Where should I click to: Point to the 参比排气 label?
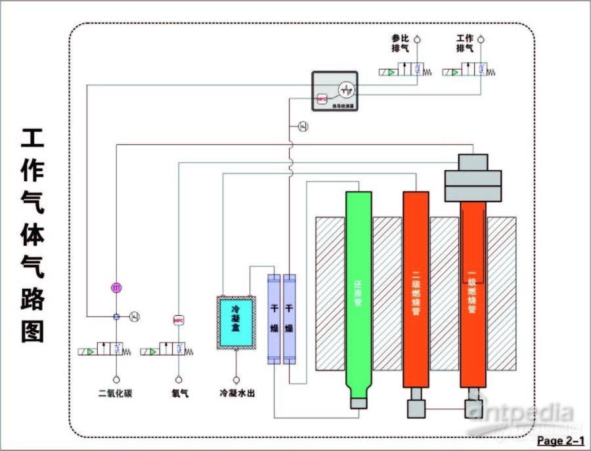400,43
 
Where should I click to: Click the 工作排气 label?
465,43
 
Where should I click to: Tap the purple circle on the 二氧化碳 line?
116,287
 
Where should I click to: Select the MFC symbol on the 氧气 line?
178,320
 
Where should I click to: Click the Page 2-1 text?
560,440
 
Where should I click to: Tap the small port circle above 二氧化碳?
116,379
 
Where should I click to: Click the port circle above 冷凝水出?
236,379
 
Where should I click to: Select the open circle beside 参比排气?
416,39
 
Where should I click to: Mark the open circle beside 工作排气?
481,39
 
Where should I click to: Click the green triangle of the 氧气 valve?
152,352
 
